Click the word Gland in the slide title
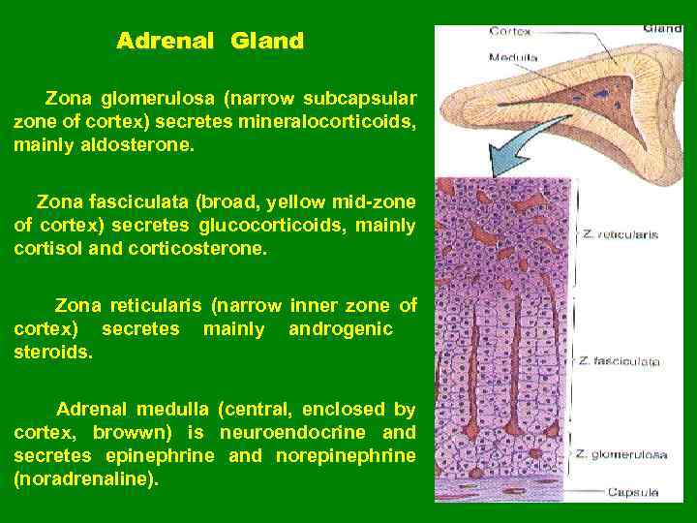(267, 41)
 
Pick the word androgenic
(341, 329)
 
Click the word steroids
(53, 353)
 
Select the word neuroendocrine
(294, 432)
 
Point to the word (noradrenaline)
(85, 478)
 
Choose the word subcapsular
(360, 99)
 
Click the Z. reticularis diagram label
(620, 234)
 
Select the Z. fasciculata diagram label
(620, 361)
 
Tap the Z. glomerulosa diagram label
(621, 453)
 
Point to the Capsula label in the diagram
(632, 492)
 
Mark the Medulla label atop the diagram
(513, 57)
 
